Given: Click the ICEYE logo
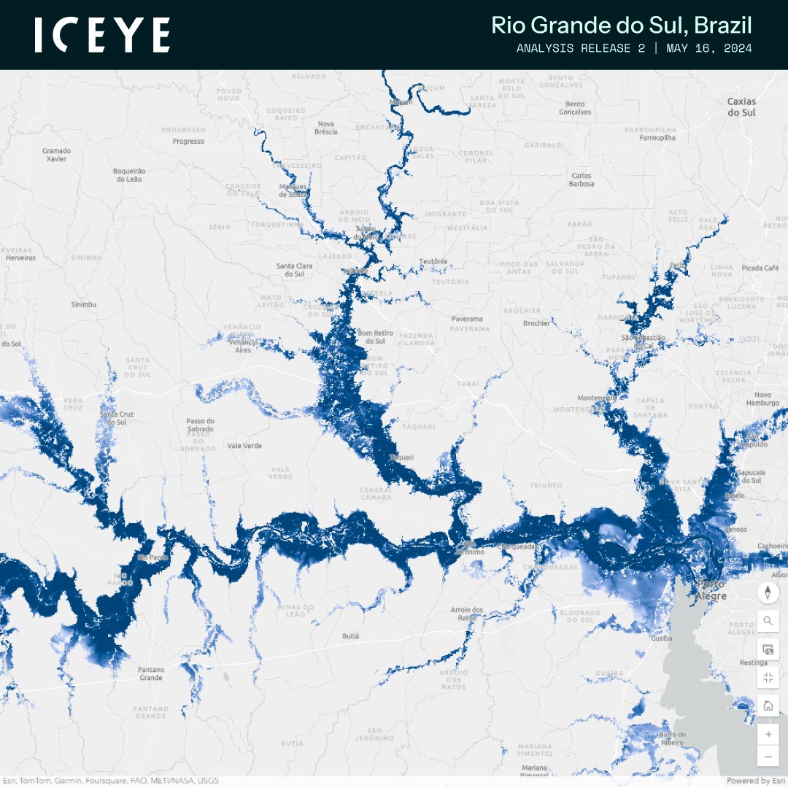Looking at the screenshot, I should click(x=102, y=35).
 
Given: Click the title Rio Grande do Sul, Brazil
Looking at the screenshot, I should click(x=621, y=26).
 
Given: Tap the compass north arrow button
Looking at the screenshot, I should click(x=768, y=592).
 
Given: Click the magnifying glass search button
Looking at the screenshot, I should click(x=768, y=621).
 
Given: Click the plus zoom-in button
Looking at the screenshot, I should click(x=768, y=733).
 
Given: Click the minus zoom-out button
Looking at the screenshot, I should click(x=768, y=757).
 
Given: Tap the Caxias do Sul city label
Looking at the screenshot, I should click(x=741, y=107).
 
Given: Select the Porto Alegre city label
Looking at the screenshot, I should click(x=711, y=590).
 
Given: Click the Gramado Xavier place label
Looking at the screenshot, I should click(x=56, y=154).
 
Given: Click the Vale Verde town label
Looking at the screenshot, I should click(x=244, y=445).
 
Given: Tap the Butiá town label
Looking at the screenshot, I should click(x=350, y=636).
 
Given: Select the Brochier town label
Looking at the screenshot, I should click(x=536, y=323).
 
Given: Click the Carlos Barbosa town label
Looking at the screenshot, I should click(x=582, y=179).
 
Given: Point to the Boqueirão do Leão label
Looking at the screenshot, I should click(x=130, y=174).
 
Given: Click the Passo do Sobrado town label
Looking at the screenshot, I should click(x=201, y=425).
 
